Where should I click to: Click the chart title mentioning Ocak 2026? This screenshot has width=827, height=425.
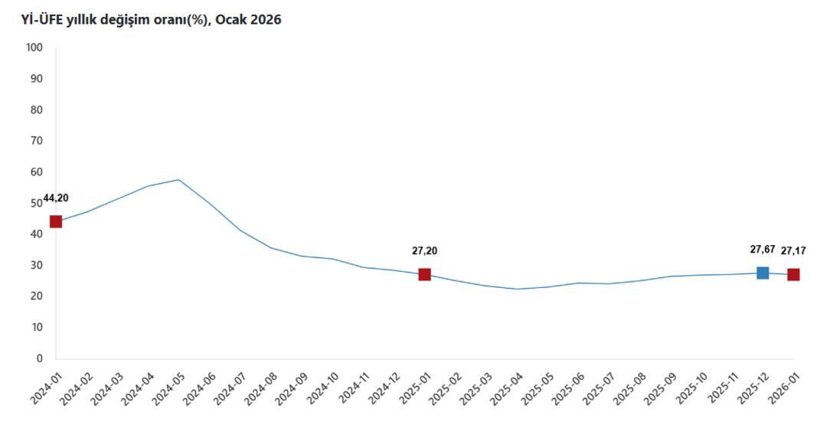(x=145, y=20)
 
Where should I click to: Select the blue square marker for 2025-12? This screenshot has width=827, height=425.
(x=763, y=273)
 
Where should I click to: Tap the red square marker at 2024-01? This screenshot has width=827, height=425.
(x=56, y=221)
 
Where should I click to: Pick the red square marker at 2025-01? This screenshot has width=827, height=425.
(x=425, y=274)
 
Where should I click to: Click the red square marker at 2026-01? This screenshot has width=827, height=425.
(x=793, y=274)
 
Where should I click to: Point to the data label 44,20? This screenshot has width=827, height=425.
(x=56, y=198)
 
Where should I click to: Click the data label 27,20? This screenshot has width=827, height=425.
(x=425, y=250)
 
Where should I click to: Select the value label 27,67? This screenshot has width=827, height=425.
(x=762, y=250)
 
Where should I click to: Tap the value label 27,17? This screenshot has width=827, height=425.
(x=793, y=250)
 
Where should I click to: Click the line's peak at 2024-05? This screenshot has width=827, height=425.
(x=178, y=180)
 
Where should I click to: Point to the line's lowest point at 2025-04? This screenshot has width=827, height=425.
(x=517, y=289)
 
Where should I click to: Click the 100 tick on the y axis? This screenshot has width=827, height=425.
(x=35, y=47)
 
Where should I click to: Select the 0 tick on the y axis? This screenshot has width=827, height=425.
(x=40, y=358)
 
